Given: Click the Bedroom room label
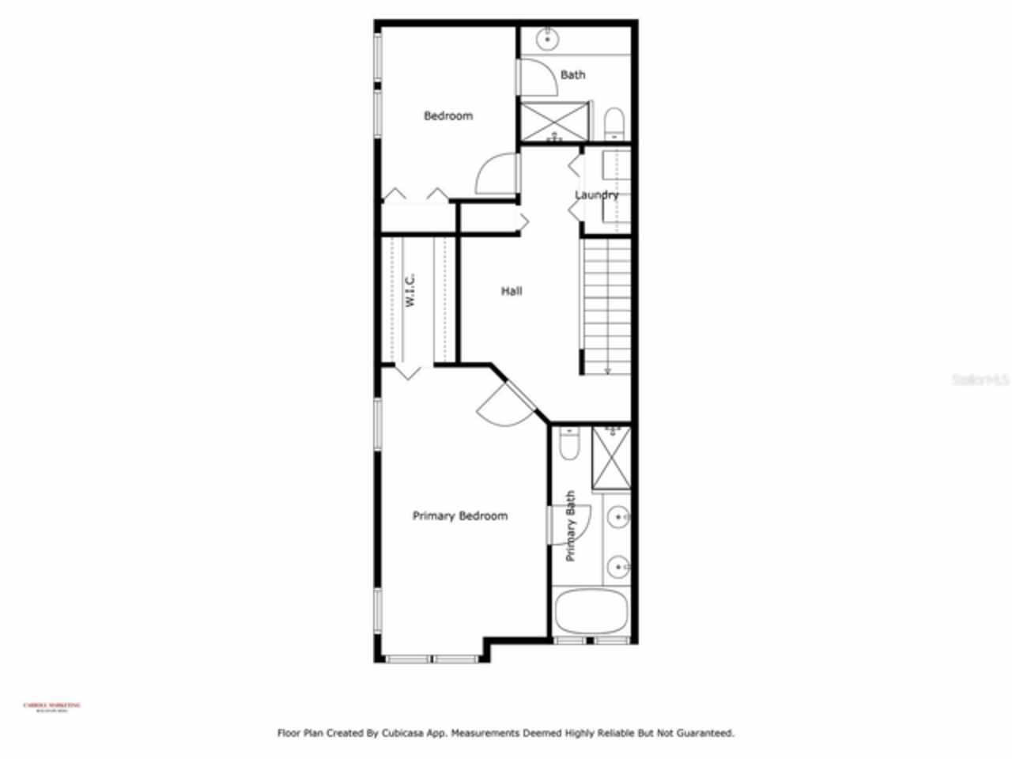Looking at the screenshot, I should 448,116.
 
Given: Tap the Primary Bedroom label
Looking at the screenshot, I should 460,516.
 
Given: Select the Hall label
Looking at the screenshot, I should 512,291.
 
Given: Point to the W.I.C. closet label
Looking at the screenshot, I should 410,290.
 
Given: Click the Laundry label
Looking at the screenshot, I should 596,195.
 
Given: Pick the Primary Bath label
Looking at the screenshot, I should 571,527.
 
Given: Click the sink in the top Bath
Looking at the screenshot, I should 547,37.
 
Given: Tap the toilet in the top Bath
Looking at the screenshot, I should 614,124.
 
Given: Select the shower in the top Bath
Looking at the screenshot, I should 555,122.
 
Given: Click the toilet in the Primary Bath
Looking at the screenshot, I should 568,444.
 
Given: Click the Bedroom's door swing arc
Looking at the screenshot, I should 496,172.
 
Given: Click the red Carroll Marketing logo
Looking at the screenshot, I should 52,706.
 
